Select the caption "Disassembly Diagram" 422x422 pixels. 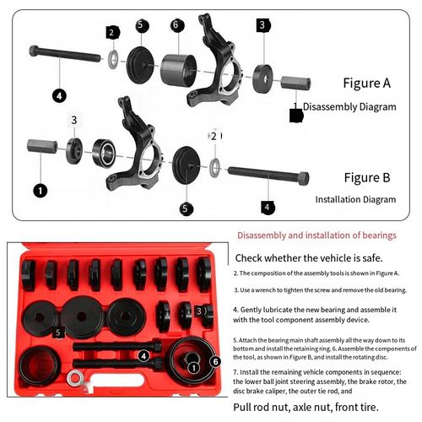click(349, 107)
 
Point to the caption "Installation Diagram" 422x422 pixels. click(354, 200)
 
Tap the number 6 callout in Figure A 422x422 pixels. click(176, 25)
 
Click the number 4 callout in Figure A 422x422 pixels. click(59, 95)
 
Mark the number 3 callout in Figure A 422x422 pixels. click(262, 25)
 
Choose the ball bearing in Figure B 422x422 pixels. click(104, 152)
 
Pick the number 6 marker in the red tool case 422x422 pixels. click(215, 361)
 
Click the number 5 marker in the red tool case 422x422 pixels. click(57, 333)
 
